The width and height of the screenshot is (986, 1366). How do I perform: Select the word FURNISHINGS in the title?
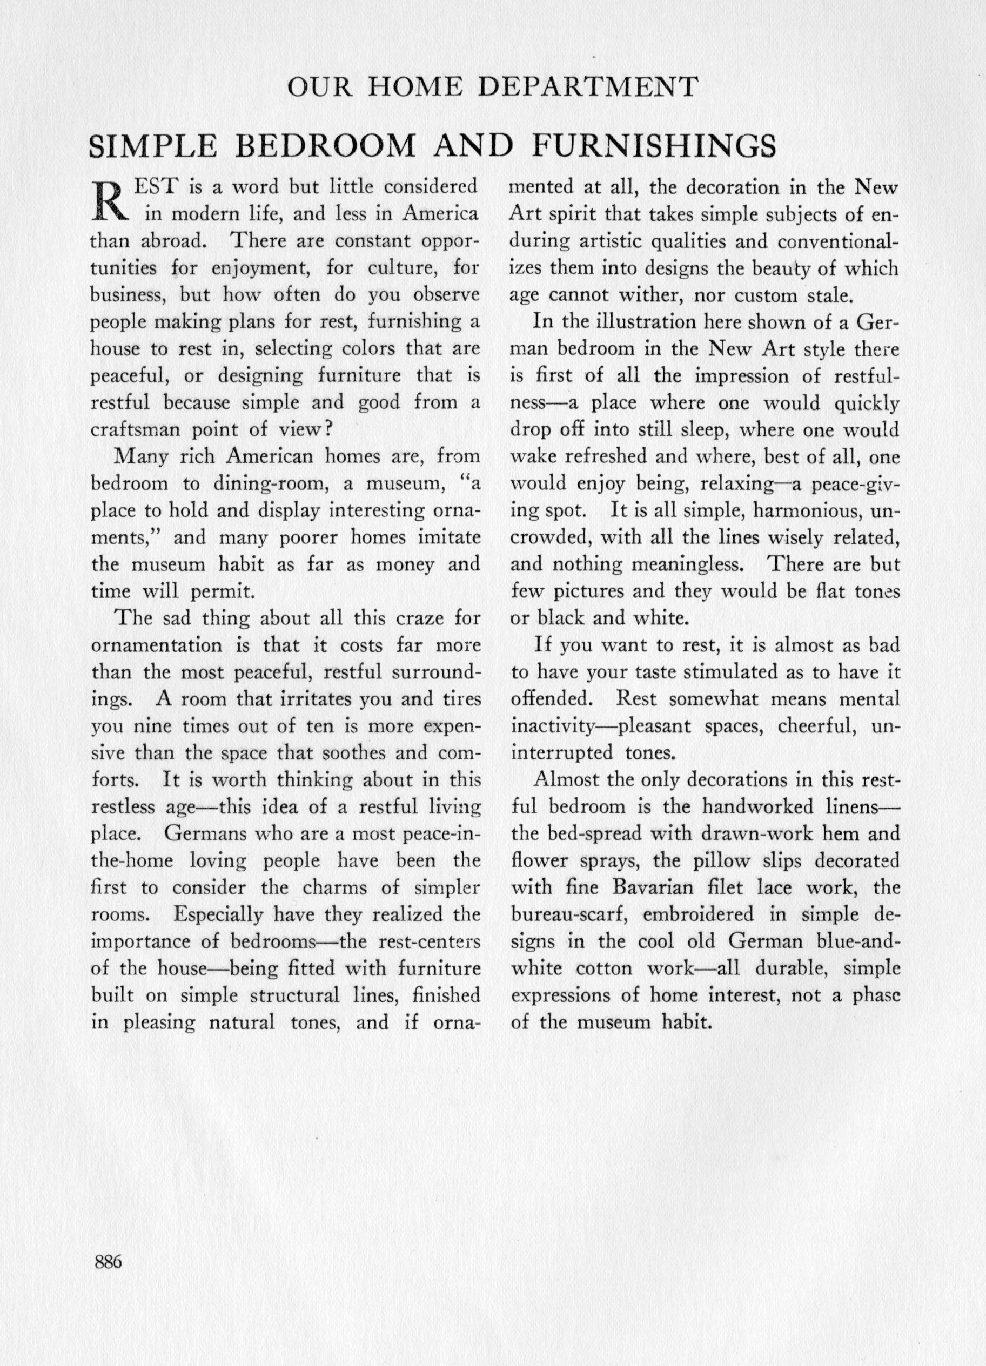point(654,146)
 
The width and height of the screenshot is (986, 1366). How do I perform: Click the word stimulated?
point(744,671)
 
